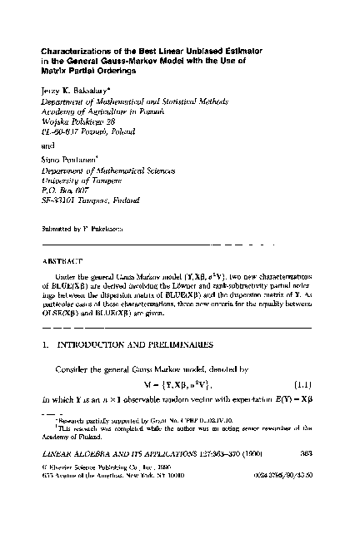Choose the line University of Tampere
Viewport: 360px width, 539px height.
pyautogui.click(x=82, y=179)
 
